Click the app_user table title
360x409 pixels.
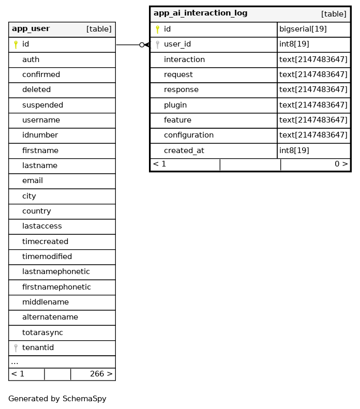(x=31, y=29)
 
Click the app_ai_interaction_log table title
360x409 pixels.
(x=200, y=13)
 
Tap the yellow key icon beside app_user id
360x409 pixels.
(x=16, y=44)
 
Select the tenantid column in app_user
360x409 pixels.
(x=38, y=348)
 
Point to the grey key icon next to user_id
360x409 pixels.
(x=157, y=44)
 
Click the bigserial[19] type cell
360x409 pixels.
(x=303, y=29)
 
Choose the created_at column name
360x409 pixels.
(x=184, y=150)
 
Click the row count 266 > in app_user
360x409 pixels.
(x=101, y=374)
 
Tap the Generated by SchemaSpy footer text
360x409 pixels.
(x=57, y=399)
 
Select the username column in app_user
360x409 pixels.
(x=41, y=120)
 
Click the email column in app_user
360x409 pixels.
(x=33, y=181)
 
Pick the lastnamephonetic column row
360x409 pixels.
(x=56, y=272)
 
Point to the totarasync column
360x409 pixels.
(x=42, y=332)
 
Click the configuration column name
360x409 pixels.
(x=188, y=135)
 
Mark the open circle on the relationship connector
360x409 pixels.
(x=142, y=45)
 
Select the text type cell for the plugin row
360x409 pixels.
(x=313, y=105)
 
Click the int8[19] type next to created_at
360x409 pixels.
(x=294, y=150)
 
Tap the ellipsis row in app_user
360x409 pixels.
(x=15, y=362)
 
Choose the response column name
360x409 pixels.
(x=181, y=90)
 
